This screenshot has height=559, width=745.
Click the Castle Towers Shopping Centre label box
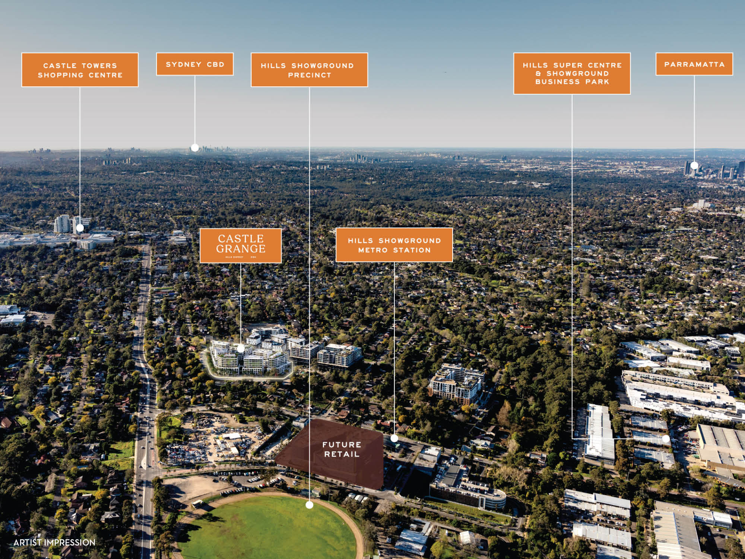coord(80,70)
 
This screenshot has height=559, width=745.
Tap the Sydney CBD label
coord(195,64)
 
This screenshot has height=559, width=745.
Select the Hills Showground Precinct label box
coord(309,70)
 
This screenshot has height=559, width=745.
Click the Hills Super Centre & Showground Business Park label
coord(572,73)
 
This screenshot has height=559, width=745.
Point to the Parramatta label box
coord(694,64)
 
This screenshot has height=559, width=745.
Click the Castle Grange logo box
coord(241,246)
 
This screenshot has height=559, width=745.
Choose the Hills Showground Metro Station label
coord(394,245)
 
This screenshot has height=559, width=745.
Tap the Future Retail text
coord(341,449)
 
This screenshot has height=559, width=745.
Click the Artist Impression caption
coord(54,543)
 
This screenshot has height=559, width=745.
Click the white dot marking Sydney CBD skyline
coord(195,148)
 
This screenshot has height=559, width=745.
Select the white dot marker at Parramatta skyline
coord(694,165)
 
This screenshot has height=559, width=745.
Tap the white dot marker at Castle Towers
coord(80,227)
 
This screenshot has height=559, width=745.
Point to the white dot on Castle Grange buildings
coord(241,349)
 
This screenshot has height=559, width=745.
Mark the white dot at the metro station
coord(394,439)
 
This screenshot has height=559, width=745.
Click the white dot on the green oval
coord(309,505)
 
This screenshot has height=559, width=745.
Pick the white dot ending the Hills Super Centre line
coord(666,439)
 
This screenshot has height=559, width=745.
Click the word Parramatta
coord(694,64)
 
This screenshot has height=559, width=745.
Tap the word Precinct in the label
coord(309,75)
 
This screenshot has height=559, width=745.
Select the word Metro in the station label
coord(372,250)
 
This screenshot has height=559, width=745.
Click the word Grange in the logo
coord(241,249)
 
